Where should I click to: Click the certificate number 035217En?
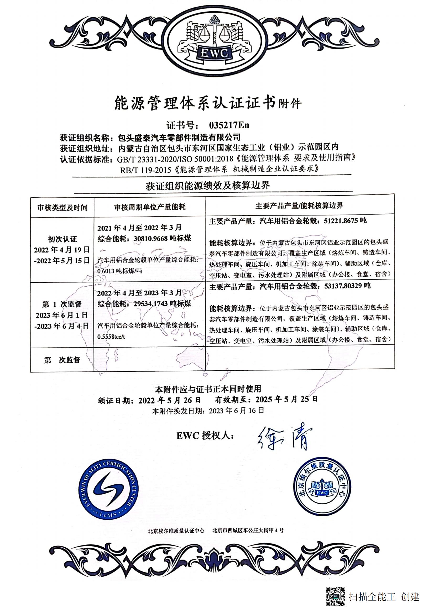(229, 125)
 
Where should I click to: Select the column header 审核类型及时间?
(62, 208)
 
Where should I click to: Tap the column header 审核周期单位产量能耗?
(150, 207)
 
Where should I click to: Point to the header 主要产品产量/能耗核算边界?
(299, 206)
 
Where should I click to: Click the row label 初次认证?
(62, 239)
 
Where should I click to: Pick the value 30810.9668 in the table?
(150, 238)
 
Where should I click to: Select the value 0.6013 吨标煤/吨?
(120, 271)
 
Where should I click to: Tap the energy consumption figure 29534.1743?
(150, 303)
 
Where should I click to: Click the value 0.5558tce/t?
(111, 337)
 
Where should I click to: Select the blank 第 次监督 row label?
(62, 360)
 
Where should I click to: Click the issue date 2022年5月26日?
(170, 400)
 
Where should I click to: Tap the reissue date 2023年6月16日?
(236, 411)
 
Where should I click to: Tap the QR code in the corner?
(335, 596)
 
